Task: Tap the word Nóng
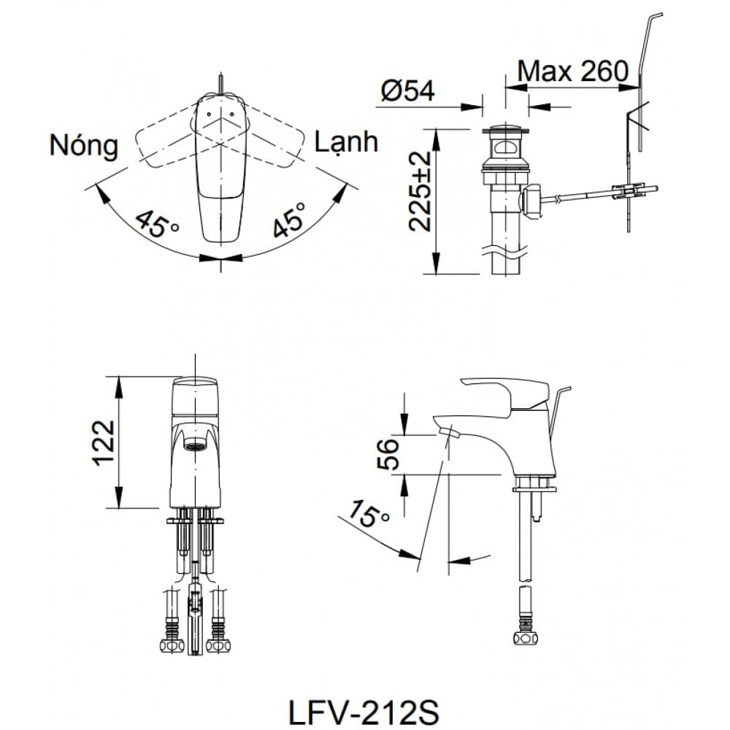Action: tap(84, 145)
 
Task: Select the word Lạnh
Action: tap(346, 141)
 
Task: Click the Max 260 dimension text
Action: tap(572, 70)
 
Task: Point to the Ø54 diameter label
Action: tap(407, 91)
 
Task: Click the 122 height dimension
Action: tap(104, 442)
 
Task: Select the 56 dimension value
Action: tap(392, 454)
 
